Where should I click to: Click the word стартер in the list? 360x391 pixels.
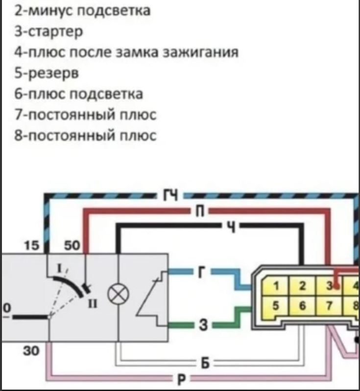point(55,32)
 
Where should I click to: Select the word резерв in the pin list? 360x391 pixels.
point(53,73)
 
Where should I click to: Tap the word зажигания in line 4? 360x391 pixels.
point(201,52)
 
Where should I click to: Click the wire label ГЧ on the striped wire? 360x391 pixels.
point(171,195)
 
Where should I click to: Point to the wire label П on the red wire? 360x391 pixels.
point(200,212)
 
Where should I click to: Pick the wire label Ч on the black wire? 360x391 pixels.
point(232,226)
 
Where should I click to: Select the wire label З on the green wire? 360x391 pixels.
point(203,325)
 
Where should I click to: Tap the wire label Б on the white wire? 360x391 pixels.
point(205,364)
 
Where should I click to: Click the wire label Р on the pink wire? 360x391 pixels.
point(182,380)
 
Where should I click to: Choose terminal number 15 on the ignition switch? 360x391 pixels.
point(32,245)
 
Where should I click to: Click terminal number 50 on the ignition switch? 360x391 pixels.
point(72,245)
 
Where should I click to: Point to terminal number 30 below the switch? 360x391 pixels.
point(31,351)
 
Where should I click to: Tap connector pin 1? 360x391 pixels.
point(276,286)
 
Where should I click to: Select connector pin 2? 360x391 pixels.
point(302,286)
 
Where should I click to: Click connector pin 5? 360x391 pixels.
point(276,306)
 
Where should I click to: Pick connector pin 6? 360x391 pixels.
point(302,306)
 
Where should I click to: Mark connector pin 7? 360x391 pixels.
point(329,306)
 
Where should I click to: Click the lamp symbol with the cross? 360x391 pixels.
point(118,294)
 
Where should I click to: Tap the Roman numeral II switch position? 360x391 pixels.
point(93,304)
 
